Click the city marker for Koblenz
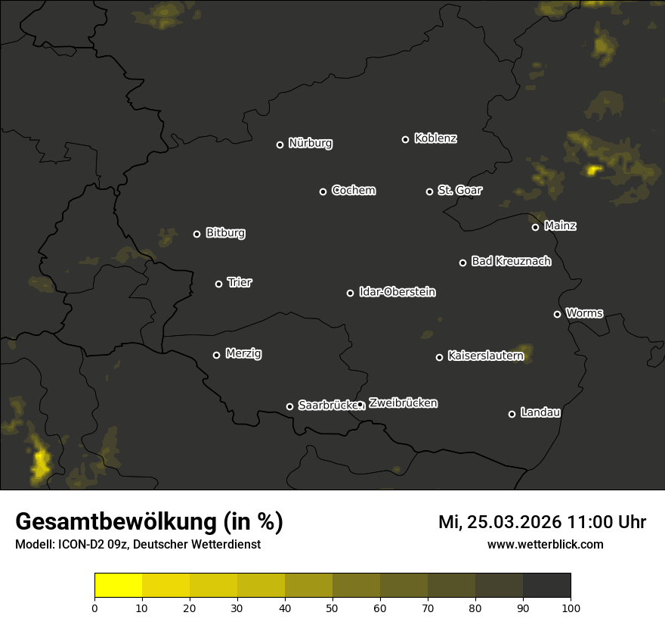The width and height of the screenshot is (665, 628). (x=405, y=139)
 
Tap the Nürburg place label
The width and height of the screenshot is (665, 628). (x=310, y=143)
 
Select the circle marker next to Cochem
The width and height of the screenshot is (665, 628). (x=323, y=191)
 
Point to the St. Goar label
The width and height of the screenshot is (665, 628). (x=459, y=190)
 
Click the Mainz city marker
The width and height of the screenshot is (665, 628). (x=535, y=227)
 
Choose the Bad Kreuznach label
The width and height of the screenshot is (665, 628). (x=511, y=261)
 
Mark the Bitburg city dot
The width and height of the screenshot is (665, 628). (x=196, y=234)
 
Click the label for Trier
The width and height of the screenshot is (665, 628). (x=240, y=282)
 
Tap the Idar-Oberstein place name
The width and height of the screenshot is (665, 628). (x=397, y=291)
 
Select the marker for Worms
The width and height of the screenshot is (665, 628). (x=557, y=314)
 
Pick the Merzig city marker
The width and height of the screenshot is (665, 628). (x=216, y=355)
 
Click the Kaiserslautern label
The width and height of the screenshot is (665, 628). (x=485, y=355)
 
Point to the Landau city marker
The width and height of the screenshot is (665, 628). (x=512, y=414)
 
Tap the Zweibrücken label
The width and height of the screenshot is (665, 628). (x=403, y=403)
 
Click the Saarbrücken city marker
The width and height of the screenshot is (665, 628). (x=289, y=406)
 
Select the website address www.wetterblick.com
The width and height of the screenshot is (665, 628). (x=545, y=544)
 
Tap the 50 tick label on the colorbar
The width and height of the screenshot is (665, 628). (x=332, y=607)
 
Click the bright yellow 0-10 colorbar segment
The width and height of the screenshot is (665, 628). (x=119, y=586)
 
